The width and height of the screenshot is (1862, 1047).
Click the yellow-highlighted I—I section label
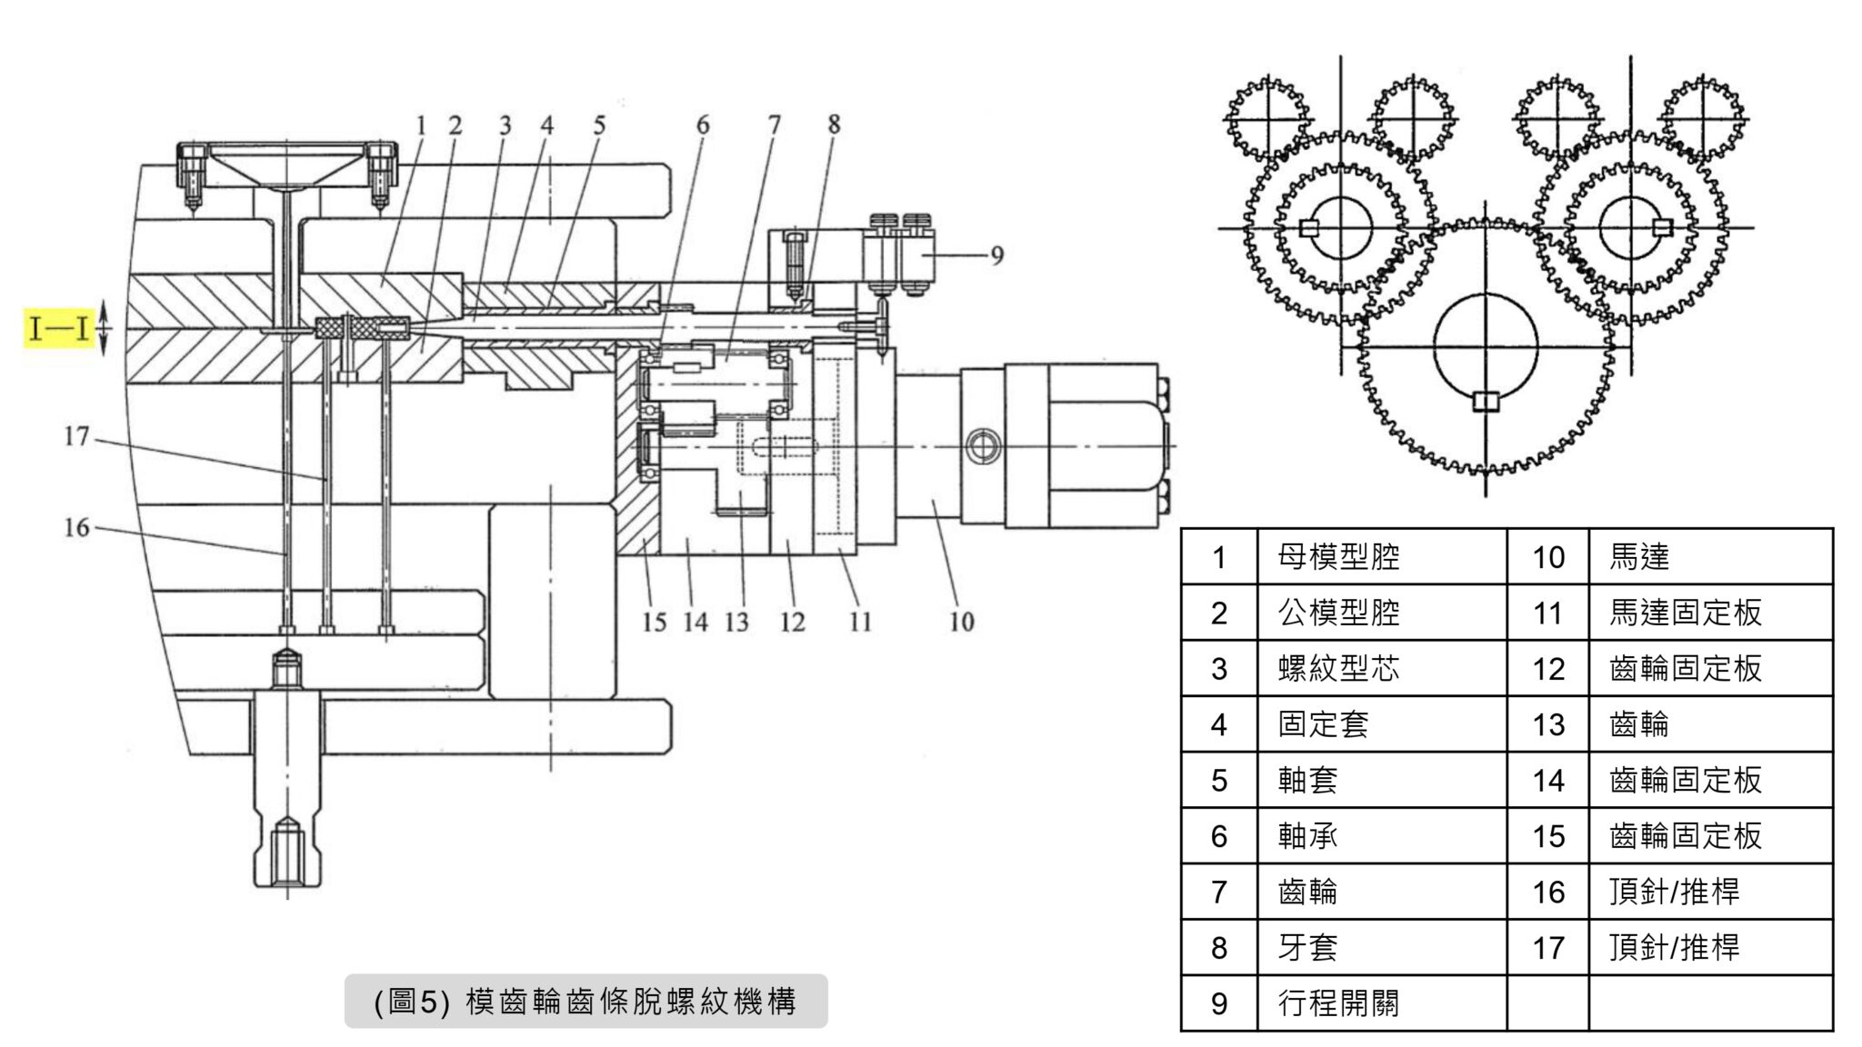click(59, 328)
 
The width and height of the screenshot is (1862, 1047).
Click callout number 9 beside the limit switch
click(996, 255)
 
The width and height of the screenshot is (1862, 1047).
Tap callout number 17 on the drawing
click(76, 437)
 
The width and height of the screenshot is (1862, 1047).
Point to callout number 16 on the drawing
click(76, 527)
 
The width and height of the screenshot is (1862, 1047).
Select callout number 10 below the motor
click(961, 623)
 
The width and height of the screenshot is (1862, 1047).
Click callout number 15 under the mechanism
click(654, 623)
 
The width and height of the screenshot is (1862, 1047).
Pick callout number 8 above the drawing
click(834, 125)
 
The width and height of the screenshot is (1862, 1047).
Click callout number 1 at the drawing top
click(420, 125)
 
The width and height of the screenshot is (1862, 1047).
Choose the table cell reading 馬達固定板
click(1685, 613)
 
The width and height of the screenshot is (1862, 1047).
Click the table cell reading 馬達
click(1639, 557)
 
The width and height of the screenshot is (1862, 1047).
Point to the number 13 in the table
click(1547, 725)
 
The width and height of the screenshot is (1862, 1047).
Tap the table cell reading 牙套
click(1307, 948)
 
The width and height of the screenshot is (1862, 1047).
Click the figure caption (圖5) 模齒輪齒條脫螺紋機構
click(586, 1002)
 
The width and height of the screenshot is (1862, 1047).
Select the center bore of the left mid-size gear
click(1340, 227)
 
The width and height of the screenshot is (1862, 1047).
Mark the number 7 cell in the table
click(1219, 892)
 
